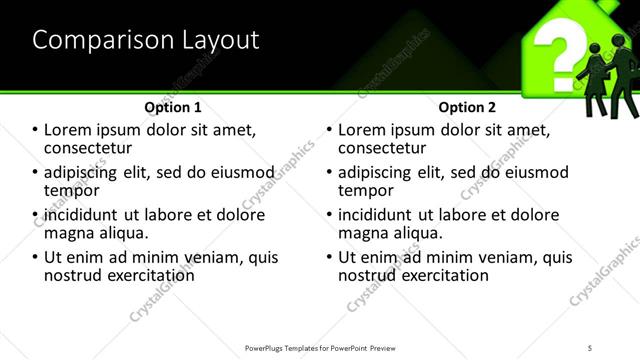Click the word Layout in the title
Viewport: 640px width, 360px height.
[x=218, y=40]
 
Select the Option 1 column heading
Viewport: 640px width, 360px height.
[x=173, y=106]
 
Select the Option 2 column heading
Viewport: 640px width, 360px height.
[x=467, y=106]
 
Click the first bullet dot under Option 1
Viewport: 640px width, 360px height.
[x=36, y=131]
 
